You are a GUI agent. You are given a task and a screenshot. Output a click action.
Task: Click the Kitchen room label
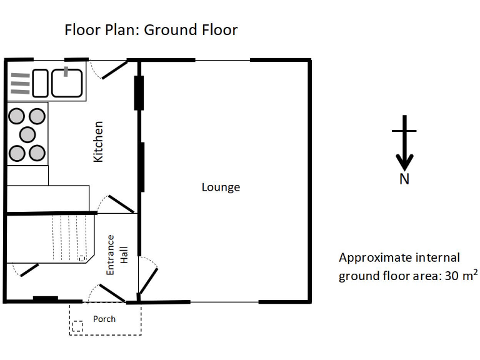pos(98,142)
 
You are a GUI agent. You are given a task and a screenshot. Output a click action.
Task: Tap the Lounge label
pos(221,187)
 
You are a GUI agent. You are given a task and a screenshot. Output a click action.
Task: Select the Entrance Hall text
pos(116,254)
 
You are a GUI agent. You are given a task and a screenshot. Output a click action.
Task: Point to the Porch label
pos(104,319)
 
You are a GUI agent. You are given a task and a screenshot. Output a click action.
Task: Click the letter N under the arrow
pos(404,179)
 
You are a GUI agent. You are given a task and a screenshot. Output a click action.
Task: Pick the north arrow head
pos(404,163)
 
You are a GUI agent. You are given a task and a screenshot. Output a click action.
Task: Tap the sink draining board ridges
pos(21,83)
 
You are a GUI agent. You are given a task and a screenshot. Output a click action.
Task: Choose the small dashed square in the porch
pos(77,326)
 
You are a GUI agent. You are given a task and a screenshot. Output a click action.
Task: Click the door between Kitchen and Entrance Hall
pos(120,204)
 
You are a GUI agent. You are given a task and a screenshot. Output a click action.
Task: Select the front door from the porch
pos(111,292)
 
